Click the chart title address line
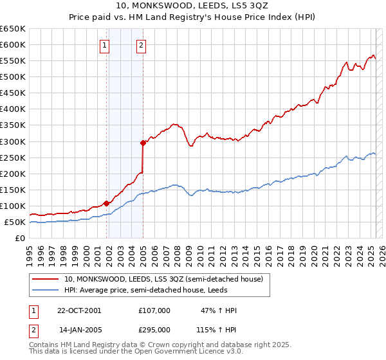192,6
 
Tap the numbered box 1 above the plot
104,45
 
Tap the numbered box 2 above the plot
141,45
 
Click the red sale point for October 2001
106,203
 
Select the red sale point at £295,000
143,143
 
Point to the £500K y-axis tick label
13,76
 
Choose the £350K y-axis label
13,125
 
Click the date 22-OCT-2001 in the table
80,310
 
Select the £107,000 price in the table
154,310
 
